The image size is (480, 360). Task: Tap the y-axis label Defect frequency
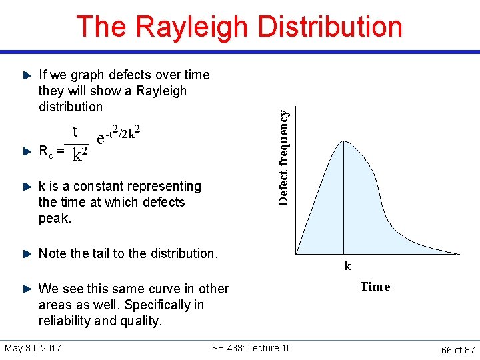284,157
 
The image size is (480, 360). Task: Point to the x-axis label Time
375,287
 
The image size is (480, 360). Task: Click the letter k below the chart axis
347,266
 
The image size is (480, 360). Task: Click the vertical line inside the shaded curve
343,200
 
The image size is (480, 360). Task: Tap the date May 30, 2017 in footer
33,349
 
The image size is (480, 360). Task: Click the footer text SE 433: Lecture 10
251,349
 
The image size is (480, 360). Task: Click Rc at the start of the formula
45,152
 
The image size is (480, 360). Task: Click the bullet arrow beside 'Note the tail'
27,253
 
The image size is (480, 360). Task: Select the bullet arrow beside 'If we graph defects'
27,75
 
